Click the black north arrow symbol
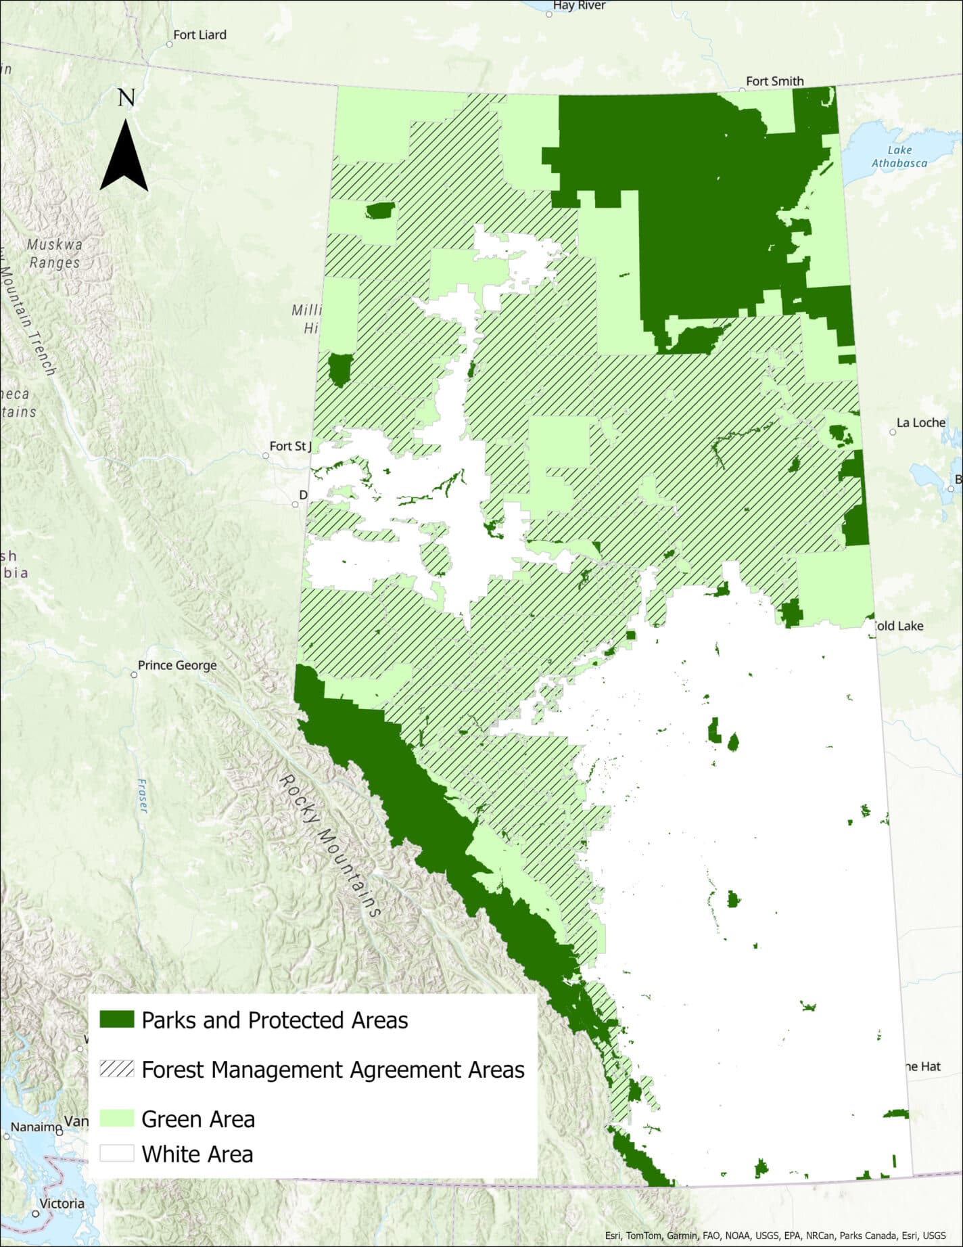pyautogui.click(x=124, y=157)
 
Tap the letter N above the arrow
pyautogui.click(x=126, y=98)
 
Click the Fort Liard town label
pyautogui.click(x=199, y=35)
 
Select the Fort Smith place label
pyautogui.click(x=774, y=81)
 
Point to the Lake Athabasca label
pyautogui.click(x=899, y=156)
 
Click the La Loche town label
pyautogui.click(x=920, y=422)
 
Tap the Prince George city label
pyautogui.click(x=177, y=665)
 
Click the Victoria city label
pyautogui.click(x=62, y=1203)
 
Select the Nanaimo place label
pyautogui.click(x=35, y=1127)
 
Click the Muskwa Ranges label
pyautogui.click(x=54, y=253)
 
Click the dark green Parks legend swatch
pyautogui.click(x=116, y=1020)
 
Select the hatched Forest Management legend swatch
pyautogui.click(x=116, y=1069)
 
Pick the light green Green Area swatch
pyautogui.click(x=116, y=1118)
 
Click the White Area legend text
pyautogui.click(x=197, y=1154)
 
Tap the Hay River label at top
pyautogui.click(x=579, y=5)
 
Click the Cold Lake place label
pyautogui.click(x=899, y=626)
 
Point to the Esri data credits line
pyautogui.click(x=775, y=1235)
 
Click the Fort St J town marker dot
pyautogui.click(x=265, y=455)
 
